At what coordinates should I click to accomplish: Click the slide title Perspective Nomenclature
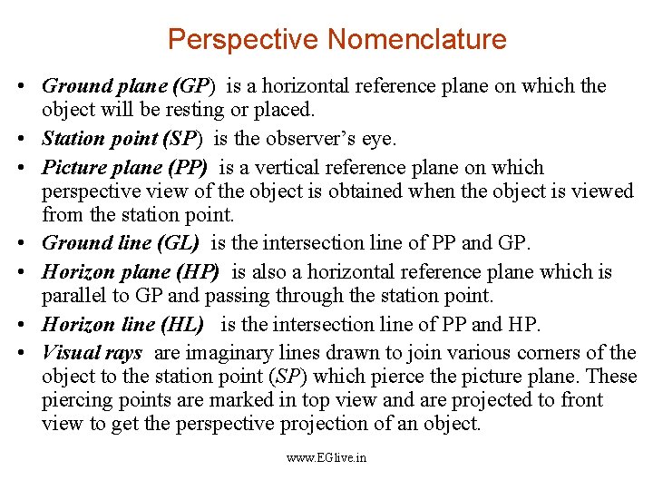click(336, 40)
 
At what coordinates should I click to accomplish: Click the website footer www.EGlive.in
click(326, 458)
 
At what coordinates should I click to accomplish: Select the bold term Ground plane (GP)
click(129, 87)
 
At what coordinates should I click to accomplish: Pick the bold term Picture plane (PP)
click(125, 168)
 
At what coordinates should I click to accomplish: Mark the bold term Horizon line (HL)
click(122, 325)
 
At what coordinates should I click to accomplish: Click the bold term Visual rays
click(92, 353)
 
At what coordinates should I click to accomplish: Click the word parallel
click(74, 296)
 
